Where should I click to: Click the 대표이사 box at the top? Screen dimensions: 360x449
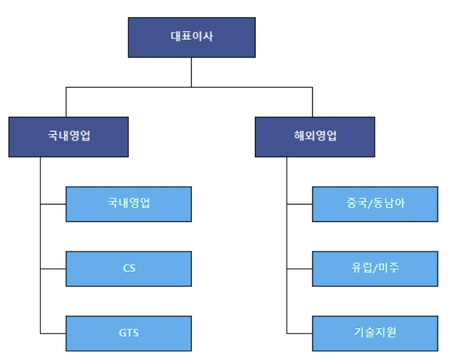pyautogui.click(x=191, y=37)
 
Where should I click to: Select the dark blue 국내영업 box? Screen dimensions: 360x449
pyautogui.click(x=68, y=137)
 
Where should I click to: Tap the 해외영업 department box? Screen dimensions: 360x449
pyautogui.click(x=315, y=137)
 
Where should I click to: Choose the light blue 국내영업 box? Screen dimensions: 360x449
pyautogui.click(x=128, y=204)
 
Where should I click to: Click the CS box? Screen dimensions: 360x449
pyautogui.click(x=128, y=268)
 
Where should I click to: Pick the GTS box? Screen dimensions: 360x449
pyautogui.click(x=128, y=333)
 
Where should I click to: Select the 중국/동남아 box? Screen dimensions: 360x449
pyautogui.click(x=375, y=204)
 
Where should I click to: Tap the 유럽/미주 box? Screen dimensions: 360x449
pyautogui.click(x=375, y=268)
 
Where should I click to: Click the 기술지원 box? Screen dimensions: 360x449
pyautogui.click(x=375, y=333)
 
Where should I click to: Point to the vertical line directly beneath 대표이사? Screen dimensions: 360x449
pyautogui.click(x=191, y=72)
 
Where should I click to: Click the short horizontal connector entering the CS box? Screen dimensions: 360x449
pyautogui.click(x=53, y=268)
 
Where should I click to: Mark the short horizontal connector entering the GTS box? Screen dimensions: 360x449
pyautogui.click(x=53, y=333)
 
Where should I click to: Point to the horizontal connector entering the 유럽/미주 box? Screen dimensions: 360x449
pyautogui.click(x=300, y=268)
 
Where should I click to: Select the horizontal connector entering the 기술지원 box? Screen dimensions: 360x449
pyautogui.click(x=300, y=333)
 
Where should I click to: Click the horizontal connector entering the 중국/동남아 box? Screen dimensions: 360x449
pyautogui.click(x=300, y=204)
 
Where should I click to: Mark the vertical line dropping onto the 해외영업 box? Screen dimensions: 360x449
pyautogui.click(x=312, y=103)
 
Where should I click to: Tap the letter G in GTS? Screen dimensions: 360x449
pyautogui.click(x=121, y=333)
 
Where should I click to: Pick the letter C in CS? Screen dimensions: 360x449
pyautogui.click(x=125, y=268)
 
